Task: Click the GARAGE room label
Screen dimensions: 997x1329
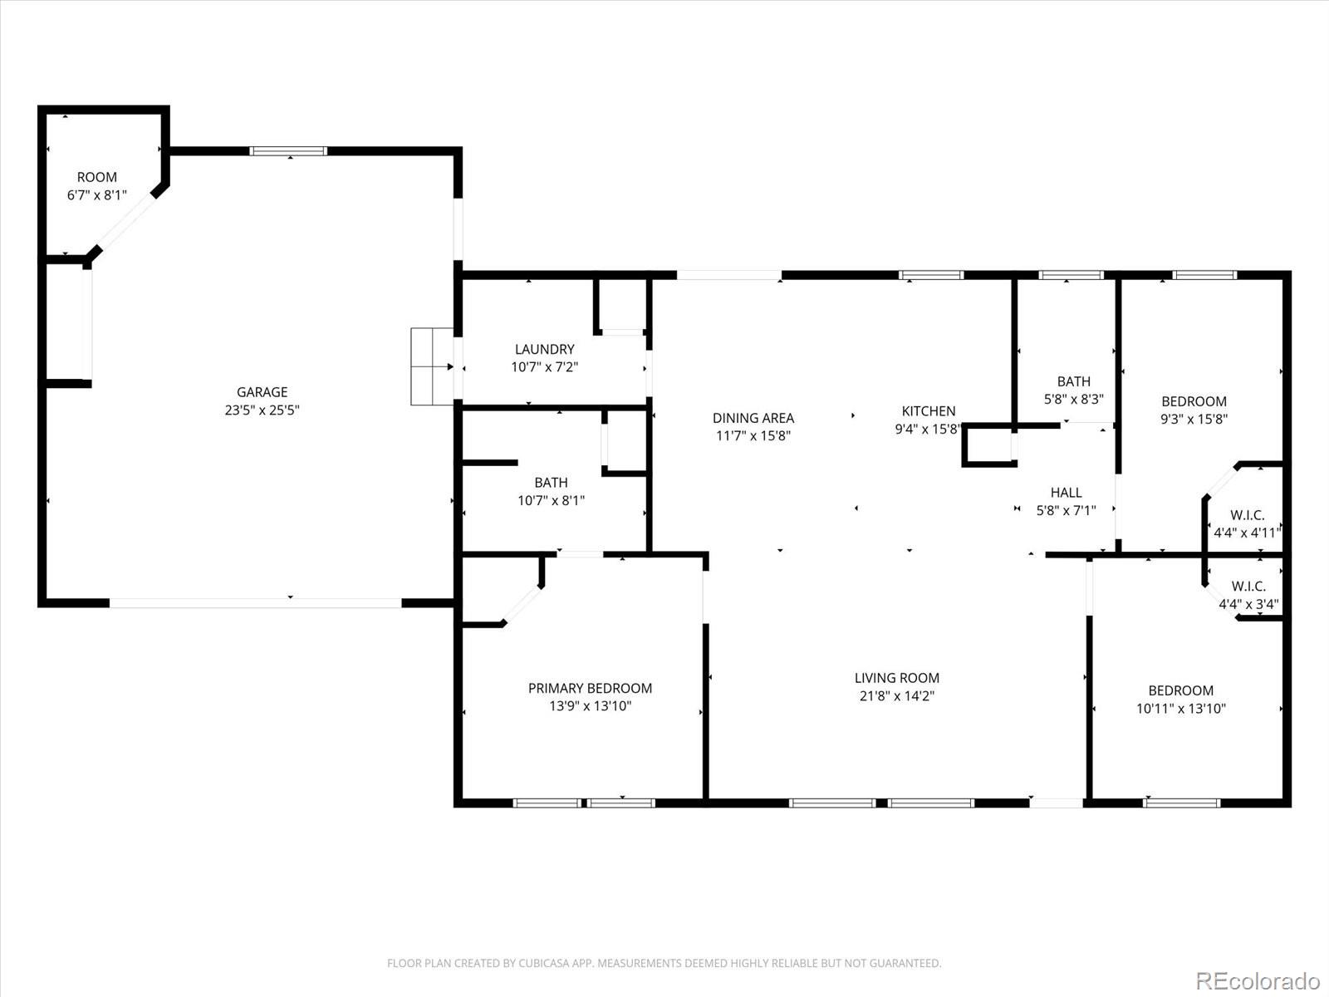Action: [262, 392]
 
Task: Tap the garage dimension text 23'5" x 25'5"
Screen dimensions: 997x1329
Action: [262, 410]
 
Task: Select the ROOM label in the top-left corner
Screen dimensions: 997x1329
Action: [97, 177]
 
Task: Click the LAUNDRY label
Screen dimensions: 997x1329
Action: [544, 349]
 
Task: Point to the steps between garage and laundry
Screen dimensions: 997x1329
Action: [432, 366]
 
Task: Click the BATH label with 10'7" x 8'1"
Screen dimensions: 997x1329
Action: [551, 482]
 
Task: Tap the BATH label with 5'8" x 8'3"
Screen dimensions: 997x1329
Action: [1073, 381]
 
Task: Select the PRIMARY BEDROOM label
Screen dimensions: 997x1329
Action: [590, 688]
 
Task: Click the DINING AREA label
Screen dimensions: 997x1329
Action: [753, 418]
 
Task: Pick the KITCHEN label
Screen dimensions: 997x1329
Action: [928, 410]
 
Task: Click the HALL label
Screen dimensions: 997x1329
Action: [1066, 493]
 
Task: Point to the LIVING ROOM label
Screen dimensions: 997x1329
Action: [897, 678]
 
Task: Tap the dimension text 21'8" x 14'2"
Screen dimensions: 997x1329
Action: [897, 696]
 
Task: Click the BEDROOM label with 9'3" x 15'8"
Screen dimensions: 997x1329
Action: [1194, 401]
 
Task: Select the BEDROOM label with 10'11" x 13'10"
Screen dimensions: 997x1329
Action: [1180, 690]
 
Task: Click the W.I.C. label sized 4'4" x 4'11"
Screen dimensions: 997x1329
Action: [1248, 516]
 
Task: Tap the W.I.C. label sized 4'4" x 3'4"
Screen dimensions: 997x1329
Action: [1248, 586]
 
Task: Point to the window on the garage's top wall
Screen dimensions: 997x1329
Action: [288, 151]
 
